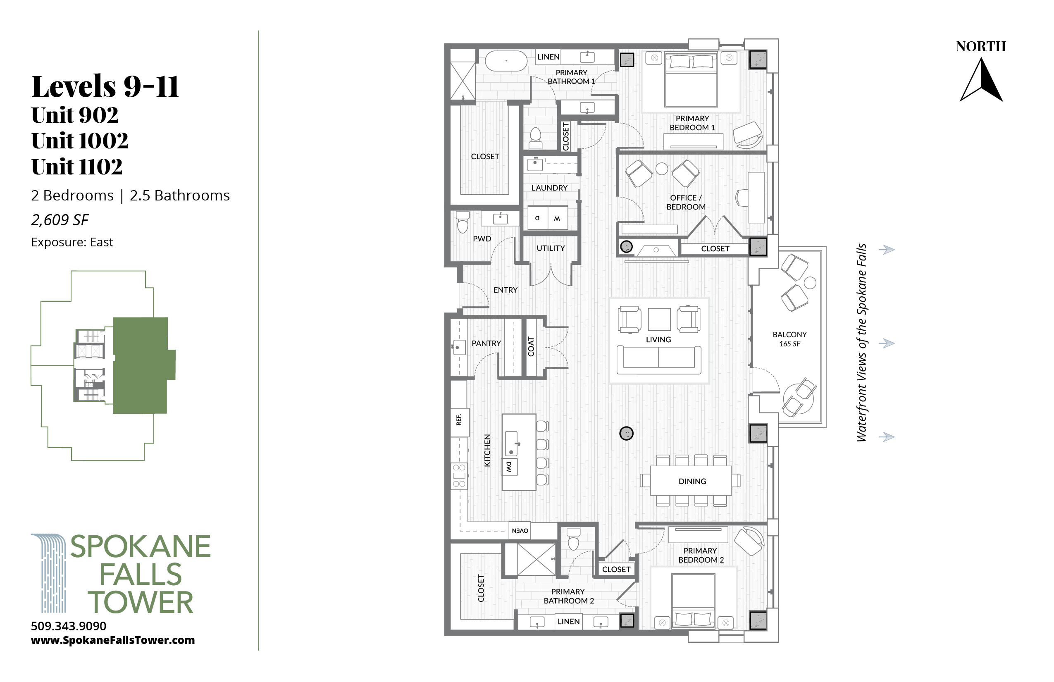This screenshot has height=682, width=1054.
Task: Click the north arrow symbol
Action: (981, 81)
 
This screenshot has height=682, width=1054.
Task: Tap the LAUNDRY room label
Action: (549, 188)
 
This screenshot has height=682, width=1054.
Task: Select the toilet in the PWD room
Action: (463, 222)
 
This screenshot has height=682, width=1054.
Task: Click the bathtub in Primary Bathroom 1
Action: (506, 61)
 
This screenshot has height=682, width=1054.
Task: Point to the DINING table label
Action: (692, 482)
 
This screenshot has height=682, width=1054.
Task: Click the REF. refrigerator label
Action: (459, 420)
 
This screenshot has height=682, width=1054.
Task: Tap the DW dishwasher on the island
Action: (509, 467)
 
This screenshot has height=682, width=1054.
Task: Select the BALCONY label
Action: (789, 335)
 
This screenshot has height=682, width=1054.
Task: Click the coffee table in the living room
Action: (659, 319)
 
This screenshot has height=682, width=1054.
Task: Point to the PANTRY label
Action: (486, 343)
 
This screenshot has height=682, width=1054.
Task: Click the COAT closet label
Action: (531, 347)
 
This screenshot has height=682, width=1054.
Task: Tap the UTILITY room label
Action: (551, 248)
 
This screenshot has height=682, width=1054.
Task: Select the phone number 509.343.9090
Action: (69, 626)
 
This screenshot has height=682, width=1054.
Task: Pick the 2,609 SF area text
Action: (60, 220)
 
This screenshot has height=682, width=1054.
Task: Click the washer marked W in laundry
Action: (558, 218)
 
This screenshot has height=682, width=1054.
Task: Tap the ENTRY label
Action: (505, 290)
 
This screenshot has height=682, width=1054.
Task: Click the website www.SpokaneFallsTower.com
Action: (113, 640)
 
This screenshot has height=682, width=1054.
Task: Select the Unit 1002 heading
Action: (80, 141)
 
